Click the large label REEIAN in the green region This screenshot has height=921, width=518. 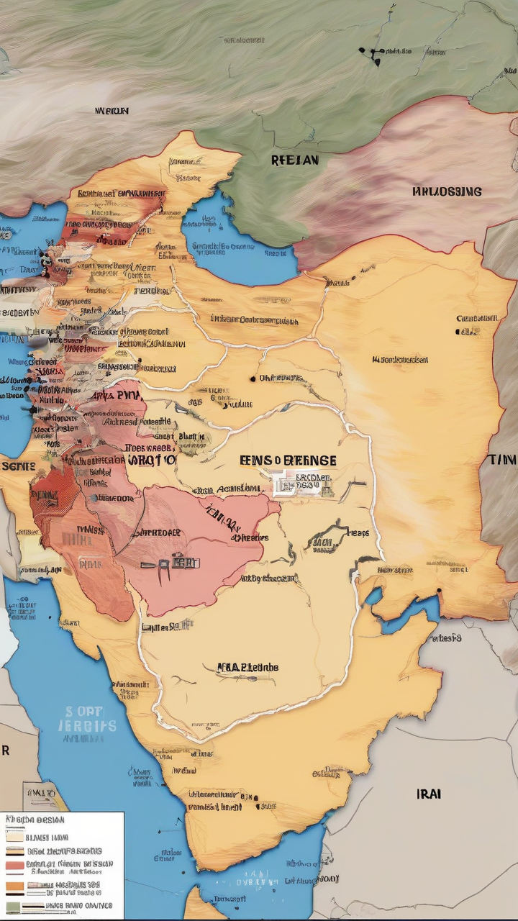pos(294,160)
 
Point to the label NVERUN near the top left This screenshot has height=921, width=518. pos(112,112)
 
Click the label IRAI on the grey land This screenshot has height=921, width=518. pos(429,794)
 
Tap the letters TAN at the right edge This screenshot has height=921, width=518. pos(503,460)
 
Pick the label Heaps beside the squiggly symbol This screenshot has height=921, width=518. pos(358,533)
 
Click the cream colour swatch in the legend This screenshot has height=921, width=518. pos(14,836)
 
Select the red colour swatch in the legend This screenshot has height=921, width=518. pos(14,865)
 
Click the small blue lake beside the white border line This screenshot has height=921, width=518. pos(373,596)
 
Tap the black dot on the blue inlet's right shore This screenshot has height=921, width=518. pos(437,593)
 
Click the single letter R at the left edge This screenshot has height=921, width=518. pos(6,750)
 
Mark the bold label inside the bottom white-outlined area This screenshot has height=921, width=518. pos(247,667)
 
